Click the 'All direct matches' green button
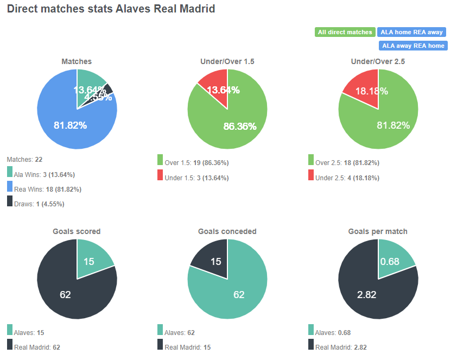[345, 32]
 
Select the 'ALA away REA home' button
[412, 46]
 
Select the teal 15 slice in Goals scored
[92, 258]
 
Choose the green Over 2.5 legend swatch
[311, 160]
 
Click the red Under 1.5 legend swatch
[160, 175]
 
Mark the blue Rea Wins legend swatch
[10, 187]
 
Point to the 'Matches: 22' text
[24, 160]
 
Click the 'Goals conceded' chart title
[227, 231]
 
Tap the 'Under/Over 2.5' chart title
[378, 61]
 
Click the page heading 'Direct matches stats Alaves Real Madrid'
[111, 9]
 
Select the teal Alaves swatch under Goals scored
[10, 330]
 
